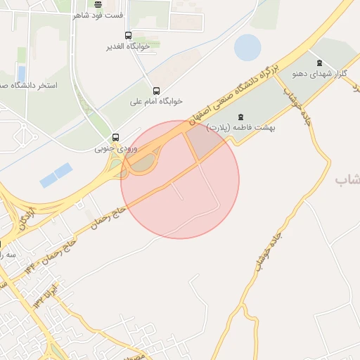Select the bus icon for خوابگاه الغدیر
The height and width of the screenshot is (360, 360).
(x=128, y=35)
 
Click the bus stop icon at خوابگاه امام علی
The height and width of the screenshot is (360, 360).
(x=156, y=91)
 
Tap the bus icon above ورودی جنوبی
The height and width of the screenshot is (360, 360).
(x=115, y=137)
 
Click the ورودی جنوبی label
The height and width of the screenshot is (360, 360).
(x=116, y=148)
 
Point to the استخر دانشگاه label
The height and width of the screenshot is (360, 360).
(x=28, y=85)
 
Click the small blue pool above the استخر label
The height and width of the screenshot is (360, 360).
(x=21, y=73)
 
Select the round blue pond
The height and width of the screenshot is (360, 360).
(x=247, y=47)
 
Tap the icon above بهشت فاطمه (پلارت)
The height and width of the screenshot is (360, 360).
(x=241, y=116)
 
